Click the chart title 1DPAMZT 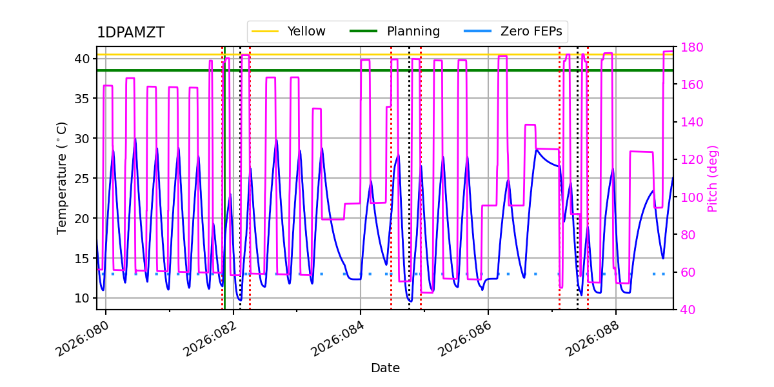pyautogui.click(x=130, y=33)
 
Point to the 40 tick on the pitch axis pyautogui.click(x=686, y=310)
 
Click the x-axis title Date pyautogui.click(x=385, y=368)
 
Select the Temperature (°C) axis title pyautogui.click(x=62, y=177)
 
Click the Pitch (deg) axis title pyautogui.click(x=713, y=178)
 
